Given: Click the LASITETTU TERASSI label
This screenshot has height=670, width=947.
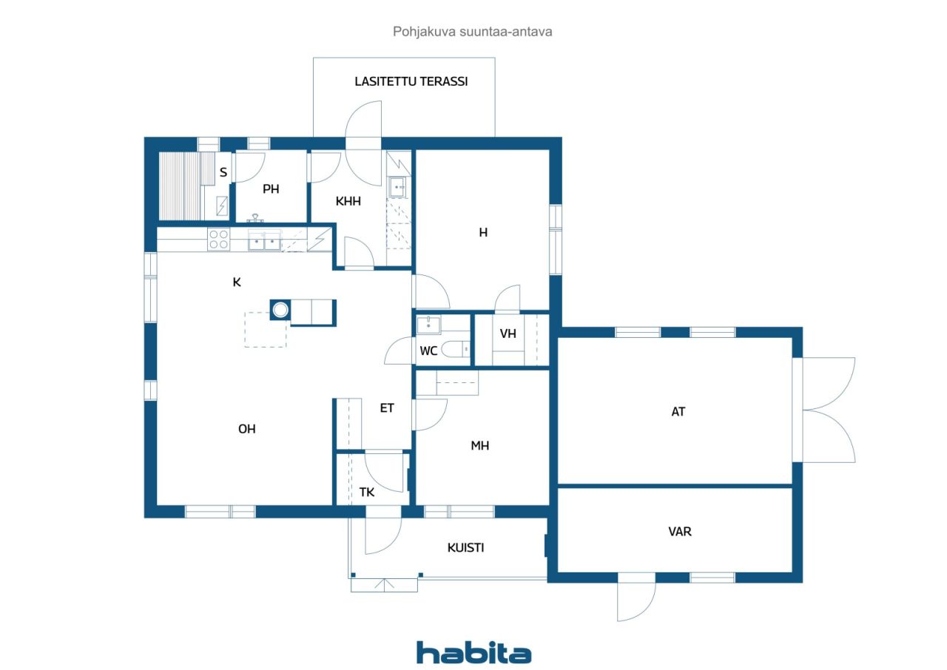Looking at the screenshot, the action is point(411,81).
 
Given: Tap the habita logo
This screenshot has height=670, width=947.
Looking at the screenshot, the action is point(473,653).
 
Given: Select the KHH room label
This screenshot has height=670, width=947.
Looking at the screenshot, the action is point(348,201).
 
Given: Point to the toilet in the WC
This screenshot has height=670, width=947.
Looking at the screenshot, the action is point(455,349).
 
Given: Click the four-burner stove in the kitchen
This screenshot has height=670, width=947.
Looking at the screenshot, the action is point(219,239).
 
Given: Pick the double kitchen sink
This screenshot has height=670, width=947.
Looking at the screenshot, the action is point(264,241).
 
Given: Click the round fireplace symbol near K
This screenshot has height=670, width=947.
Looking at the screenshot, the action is point(280,310).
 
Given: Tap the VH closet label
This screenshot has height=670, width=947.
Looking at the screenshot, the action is point(508,334).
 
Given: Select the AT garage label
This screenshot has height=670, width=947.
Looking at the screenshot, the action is point(678,411).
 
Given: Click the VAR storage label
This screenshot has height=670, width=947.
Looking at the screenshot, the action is point(680,532).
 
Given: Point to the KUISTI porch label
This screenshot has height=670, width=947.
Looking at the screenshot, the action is point(465,547).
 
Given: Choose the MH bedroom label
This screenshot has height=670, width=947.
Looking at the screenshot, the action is point(480,445).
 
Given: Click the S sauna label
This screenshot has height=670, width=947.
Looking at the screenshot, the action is point(223,172).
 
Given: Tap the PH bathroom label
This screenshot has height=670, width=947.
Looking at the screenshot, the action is point(271,189).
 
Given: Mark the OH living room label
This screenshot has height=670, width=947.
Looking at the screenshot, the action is point(247,429).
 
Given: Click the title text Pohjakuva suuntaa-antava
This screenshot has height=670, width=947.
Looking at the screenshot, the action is point(472,32).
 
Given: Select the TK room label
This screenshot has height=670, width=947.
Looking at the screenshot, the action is point(366,492).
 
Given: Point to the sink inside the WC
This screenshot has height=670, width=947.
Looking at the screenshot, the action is point(428,325).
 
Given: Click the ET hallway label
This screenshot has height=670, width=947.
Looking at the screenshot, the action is point(387,407).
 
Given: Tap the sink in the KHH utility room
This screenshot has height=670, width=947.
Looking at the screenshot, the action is point(397,187).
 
